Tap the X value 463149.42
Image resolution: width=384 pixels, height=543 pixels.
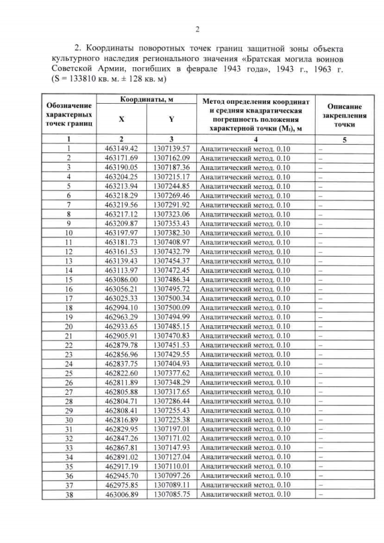(121, 148)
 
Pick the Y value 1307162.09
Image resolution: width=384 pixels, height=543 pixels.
(172, 158)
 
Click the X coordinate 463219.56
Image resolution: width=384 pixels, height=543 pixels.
(121, 205)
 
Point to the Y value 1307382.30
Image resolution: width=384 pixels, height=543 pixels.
(172, 233)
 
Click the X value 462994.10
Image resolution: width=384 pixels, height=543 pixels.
(121, 308)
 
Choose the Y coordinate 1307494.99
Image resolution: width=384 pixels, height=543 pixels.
(172, 317)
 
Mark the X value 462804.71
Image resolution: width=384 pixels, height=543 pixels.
(121, 401)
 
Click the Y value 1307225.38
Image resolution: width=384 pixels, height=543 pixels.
(172, 419)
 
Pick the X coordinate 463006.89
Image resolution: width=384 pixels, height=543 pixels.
(121, 494)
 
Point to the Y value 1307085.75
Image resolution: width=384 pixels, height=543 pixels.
(172, 494)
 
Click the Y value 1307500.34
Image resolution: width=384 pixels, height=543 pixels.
(172, 298)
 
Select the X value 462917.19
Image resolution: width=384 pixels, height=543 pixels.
(121, 466)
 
